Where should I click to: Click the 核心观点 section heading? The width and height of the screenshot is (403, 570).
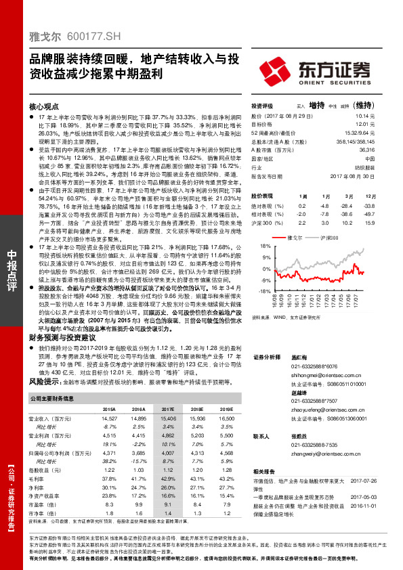[x=44, y=107]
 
